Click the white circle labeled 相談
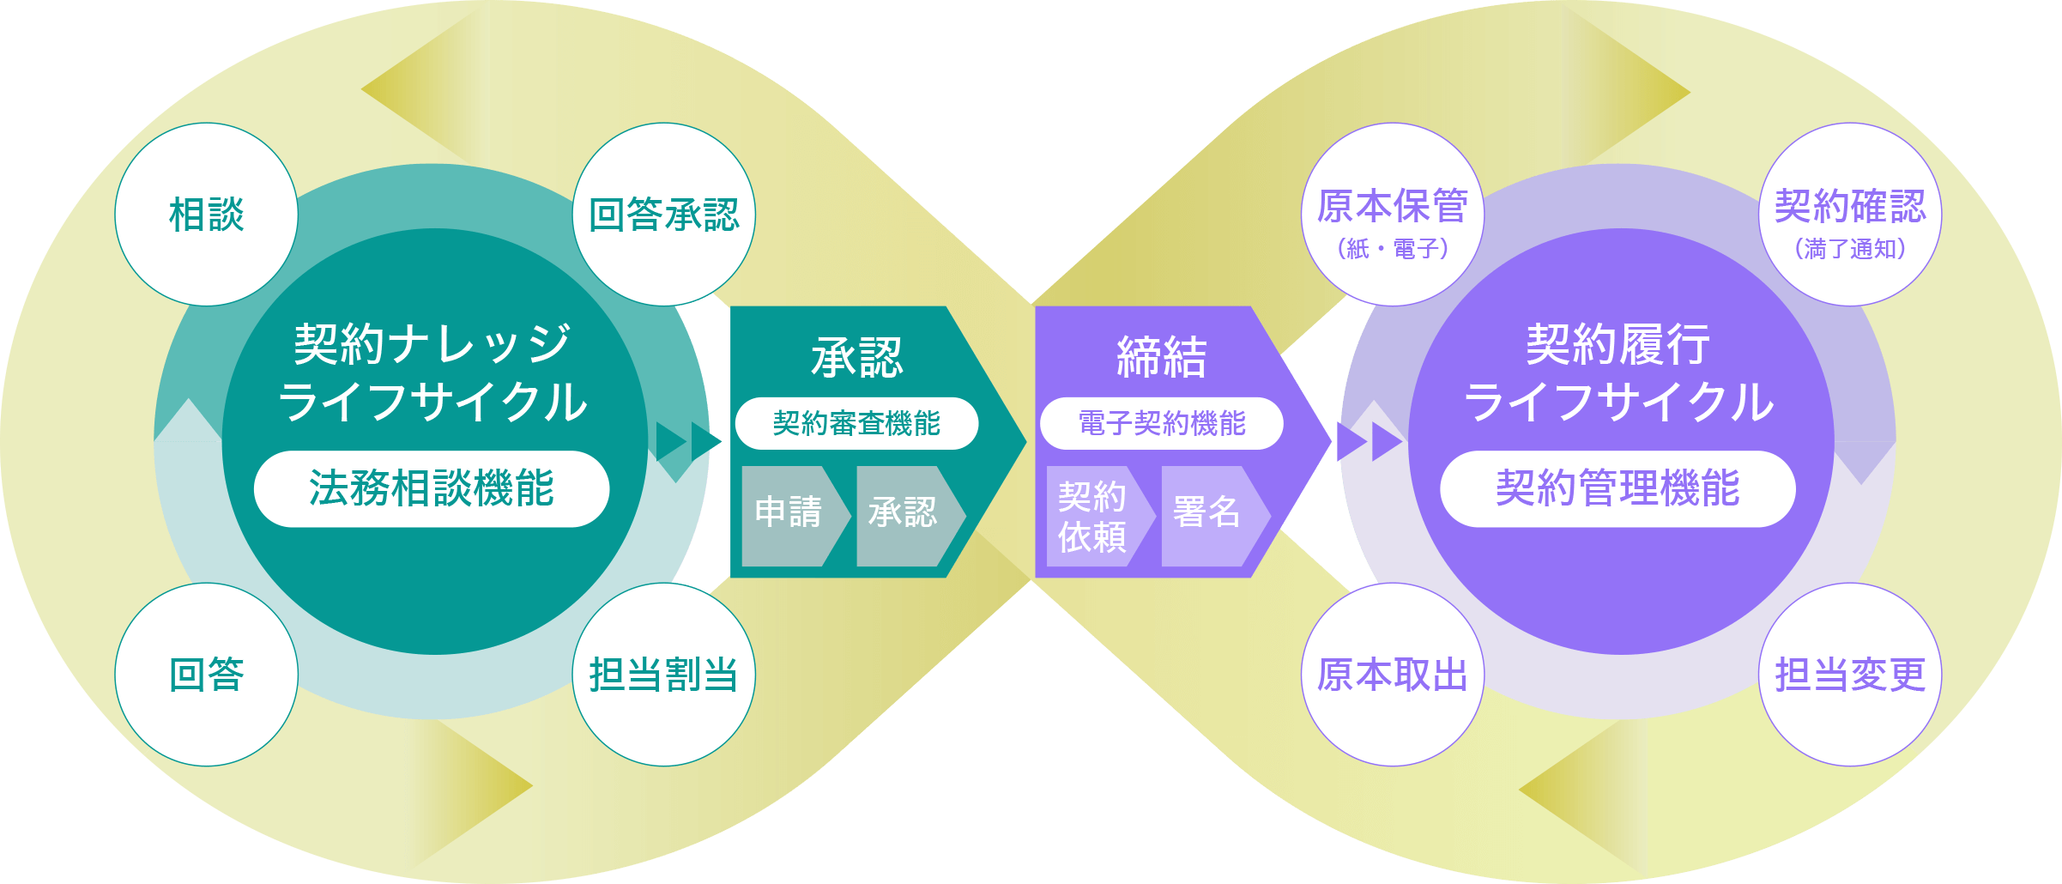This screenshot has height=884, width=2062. click(x=206, y=215)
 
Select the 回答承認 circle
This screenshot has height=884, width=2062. click(x=663, y=215)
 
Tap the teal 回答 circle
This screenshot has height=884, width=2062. click(x=206, y=675)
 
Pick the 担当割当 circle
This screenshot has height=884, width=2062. click(x=663, y=675)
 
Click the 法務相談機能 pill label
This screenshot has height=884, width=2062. click(x=432, y=488)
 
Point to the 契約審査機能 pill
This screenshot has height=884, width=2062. click(x=856, y=423)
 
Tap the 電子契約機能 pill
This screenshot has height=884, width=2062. click(x=1161, y=423)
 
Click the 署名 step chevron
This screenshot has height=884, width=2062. click(x=1208, y=516)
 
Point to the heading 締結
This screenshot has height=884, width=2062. click(x=1161, y=358)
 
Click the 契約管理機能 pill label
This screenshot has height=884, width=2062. click(x=1618, y=488)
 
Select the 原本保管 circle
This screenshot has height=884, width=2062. click(x=1392, y=215)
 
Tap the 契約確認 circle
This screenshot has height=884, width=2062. click(x=1850, y=215)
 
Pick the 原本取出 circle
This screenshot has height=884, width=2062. click(x=1392, y=675)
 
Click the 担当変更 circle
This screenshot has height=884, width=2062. click(x=1850, y=675)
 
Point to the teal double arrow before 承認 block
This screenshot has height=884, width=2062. click(x=689, y=441)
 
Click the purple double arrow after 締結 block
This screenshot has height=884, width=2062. click(x=1370, y=442)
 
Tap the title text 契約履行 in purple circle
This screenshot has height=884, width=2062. click(x=1618, y=345)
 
